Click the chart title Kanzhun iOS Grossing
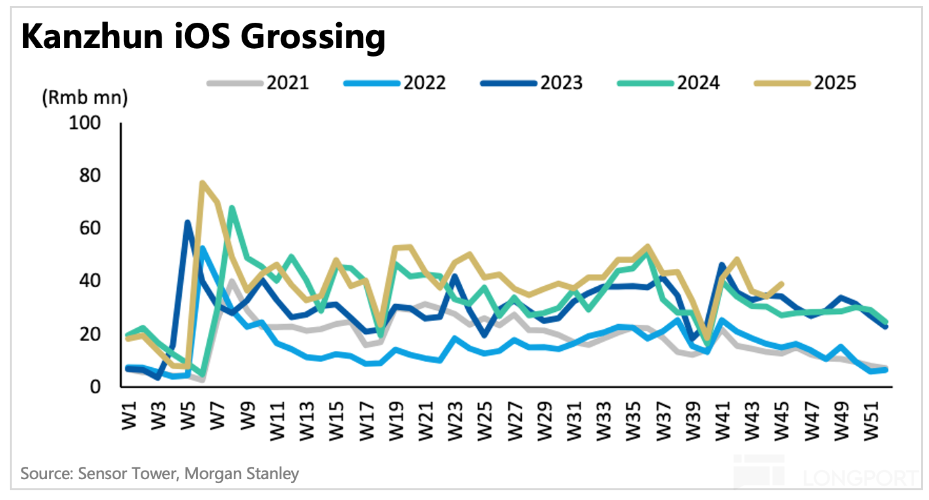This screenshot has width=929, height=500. click(x=203, y=37)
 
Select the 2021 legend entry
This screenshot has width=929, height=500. click(x=258, y=83)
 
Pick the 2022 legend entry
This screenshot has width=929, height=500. click(x=394, y=83)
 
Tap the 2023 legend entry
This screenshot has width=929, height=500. click(x=531, y=83)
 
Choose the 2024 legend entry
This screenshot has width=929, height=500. click(x=668, y=83)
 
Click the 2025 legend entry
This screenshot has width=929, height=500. click(x=805, y=83)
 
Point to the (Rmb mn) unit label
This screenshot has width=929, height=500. click(x=85, y=99)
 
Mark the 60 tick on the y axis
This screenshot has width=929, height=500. click(x=93, y=229)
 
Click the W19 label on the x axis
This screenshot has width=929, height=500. click(x=395, y=413)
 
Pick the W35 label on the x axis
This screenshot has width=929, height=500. click(x=631, y=413)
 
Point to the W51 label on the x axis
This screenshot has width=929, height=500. click(x=866, y=413)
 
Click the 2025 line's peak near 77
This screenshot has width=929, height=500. click(x=203, y=183)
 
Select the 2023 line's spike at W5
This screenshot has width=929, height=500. click(x=188, y=223)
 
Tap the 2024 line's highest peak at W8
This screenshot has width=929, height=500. click(x=232, y=208)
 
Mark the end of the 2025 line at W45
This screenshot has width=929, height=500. click(x=781, y=284)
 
